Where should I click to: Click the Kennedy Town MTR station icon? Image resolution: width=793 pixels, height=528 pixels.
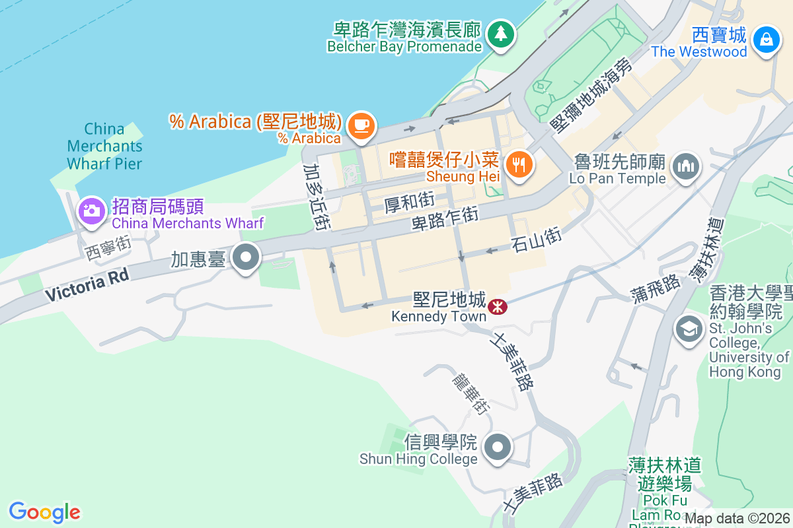coord(497,306)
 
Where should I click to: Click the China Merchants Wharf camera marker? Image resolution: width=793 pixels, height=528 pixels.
coord(91,211)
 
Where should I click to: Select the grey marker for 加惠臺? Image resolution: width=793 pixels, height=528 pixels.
coord(247,257)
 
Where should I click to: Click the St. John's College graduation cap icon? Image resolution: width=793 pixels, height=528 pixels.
coord(689,328)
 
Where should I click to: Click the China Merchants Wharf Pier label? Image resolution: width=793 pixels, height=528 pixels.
coord(104,145)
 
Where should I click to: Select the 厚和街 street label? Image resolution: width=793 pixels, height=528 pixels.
coord(410,203)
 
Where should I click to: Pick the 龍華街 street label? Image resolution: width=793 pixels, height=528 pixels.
coord(470,393)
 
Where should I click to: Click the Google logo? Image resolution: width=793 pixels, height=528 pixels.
coord(44,512)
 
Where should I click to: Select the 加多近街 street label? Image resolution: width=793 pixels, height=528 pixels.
coord(317,197)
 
